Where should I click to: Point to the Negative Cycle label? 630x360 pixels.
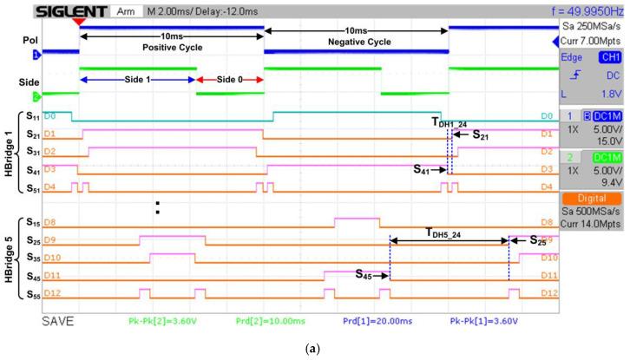[x=357, y=41]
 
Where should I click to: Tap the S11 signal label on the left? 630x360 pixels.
[x=32, y=115]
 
